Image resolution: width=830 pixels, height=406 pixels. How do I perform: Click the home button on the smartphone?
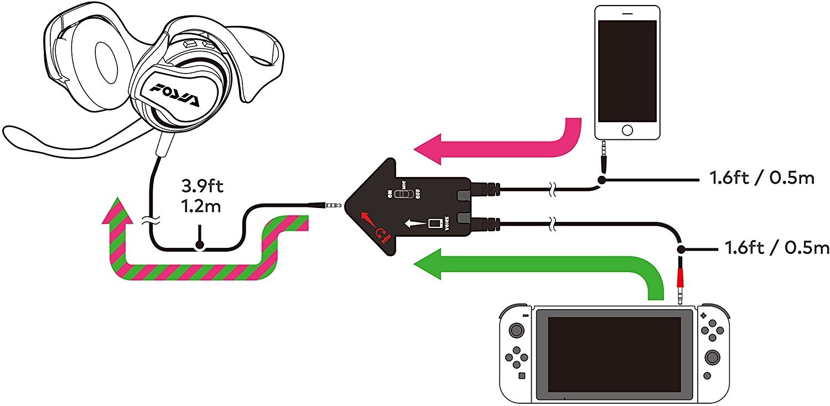coord(627,130)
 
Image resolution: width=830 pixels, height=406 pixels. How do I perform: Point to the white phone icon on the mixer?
coord(435,223)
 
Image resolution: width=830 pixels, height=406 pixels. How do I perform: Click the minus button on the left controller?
coord(525,315)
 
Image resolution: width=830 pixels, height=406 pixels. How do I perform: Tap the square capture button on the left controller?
coord(521,376)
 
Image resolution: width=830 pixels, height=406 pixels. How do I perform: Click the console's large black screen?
coord(614,355)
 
